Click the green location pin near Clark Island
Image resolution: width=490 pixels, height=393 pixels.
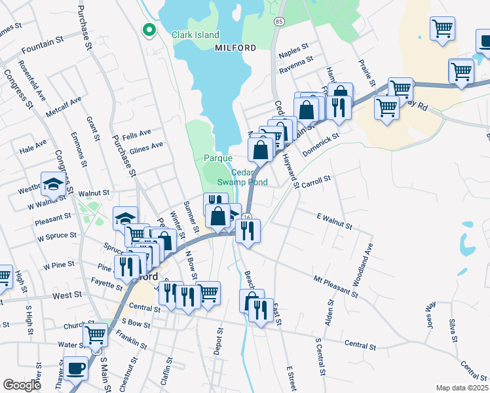149,29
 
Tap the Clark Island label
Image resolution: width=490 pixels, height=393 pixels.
195,35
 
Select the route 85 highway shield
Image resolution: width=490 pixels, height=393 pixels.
279,22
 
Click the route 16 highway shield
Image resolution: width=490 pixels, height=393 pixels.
247,217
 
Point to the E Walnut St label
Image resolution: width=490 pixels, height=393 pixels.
334,221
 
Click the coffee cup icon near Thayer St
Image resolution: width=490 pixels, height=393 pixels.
76,368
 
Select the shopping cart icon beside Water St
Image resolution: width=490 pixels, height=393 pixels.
96,335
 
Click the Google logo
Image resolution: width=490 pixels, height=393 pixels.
22,385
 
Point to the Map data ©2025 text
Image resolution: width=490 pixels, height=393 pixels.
462,388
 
